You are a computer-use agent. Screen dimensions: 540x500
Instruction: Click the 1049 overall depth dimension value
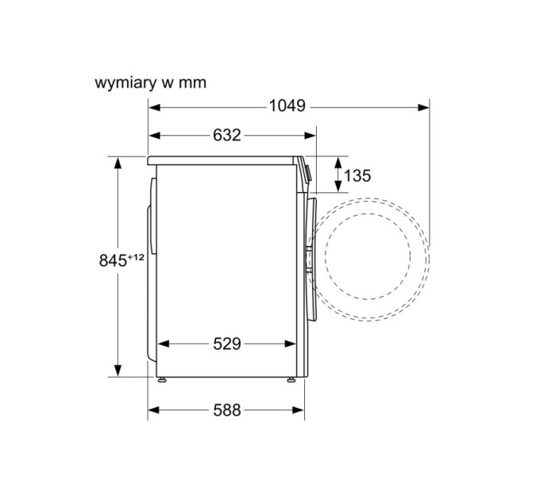pyautogui.click(x=287, y=106)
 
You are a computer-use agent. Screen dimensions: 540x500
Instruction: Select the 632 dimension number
pyautogui.click(x=226, y=135)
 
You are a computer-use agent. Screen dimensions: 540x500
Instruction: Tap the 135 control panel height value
pyautogui.click(x=357, y=175)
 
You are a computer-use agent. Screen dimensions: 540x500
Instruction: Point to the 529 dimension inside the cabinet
pyautogui.click(x=227, y=344)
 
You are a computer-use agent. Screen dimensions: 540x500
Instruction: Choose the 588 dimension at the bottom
pyautogui.click(x=227, y=410)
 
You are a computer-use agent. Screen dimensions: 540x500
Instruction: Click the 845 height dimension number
pyautogui.click(x=113, y=260)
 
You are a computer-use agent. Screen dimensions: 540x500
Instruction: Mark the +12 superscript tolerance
pyautogui.click(x=136, y=256)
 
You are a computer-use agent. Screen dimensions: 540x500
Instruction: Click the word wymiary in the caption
pyautogui.click(x=125, y=83)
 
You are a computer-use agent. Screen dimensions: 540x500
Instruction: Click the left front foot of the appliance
pyautogui.click(x=162, y=379)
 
